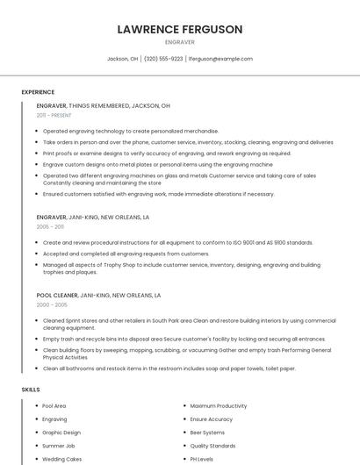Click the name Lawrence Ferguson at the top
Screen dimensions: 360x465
tap(179, 29)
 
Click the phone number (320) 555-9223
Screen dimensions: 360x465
tap(163, 59)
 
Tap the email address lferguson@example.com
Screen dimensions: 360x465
tap(220, 59)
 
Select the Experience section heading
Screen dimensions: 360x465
tap(38, 92)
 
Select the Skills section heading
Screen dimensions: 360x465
tap(30, 389)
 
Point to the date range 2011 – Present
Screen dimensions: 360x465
tap(54, 115)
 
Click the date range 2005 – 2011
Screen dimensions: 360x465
tap(50, 226)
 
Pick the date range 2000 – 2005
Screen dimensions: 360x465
tap(52, 304)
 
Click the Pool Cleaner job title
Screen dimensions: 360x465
tap(57, 295)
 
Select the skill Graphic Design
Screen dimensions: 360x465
tap(61, 433)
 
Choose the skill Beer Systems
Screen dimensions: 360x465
tap(207, 433)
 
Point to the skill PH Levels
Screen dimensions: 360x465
tap(202, 459)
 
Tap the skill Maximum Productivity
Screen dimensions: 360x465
tap(218, 406)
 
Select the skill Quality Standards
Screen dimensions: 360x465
tap(212, 446)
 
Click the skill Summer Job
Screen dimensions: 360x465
tap(58, 446)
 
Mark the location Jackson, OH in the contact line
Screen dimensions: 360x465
tap(122, 59)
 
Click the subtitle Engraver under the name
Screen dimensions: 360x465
tap(179, 41)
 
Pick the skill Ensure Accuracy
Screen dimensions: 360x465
tap(211, 419)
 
